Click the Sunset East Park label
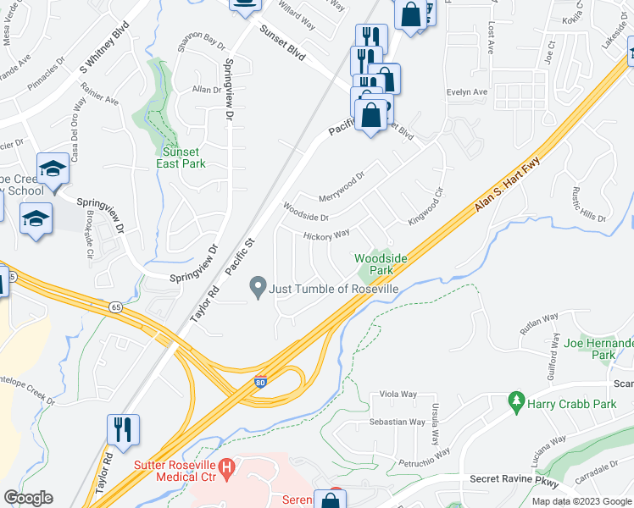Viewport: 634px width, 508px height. pyautogui.click(x=181, y=157)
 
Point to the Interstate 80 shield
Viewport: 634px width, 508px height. pyautogui.click(x=261, y=384)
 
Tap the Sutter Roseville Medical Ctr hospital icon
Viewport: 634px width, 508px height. pyautogui.click(x=226, y=467)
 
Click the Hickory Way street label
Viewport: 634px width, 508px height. pyautogui.click(x=327, y=235)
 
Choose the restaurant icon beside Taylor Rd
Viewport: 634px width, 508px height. pyautogui.click(x=123, y=429)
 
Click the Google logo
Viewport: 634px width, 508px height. pyautogui.click(x=28, y=498)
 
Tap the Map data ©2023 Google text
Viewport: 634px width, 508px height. pyautogui.click(x=581, y=501)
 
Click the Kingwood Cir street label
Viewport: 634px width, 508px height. pyautogui.click(x=426, y=204)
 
